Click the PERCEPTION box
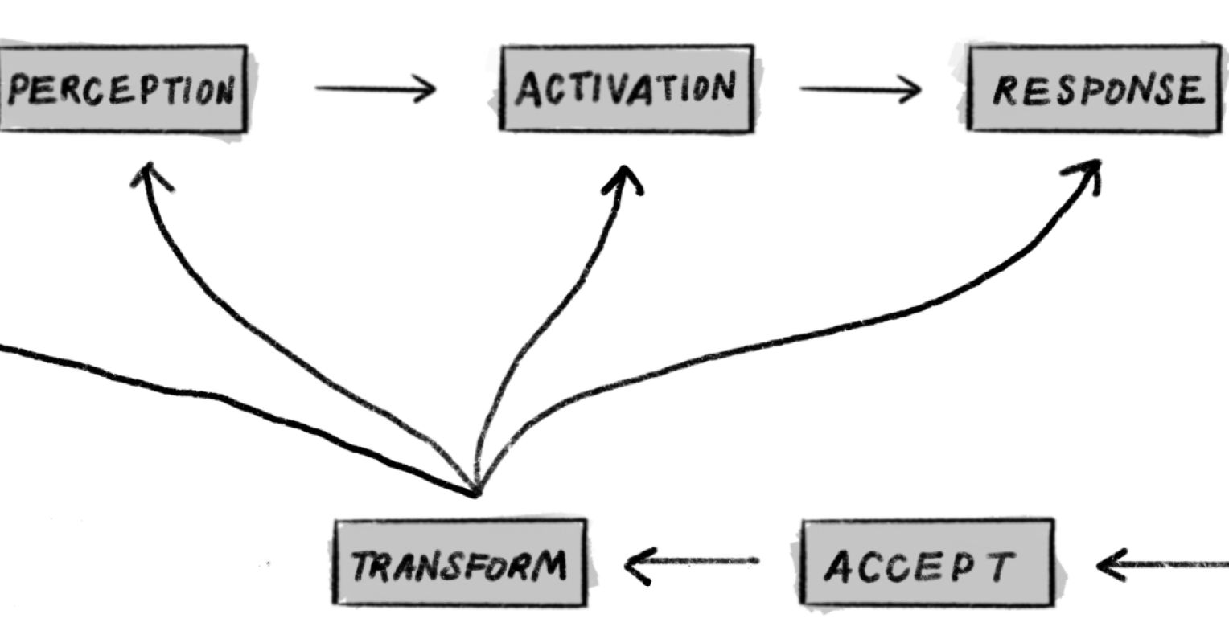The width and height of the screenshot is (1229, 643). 122,89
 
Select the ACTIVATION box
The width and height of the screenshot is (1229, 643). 627,88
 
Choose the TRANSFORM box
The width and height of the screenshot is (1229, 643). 459,563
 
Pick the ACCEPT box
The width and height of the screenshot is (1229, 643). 927,563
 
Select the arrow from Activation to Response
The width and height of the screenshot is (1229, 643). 860,89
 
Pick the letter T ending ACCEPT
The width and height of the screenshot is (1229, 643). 1000,566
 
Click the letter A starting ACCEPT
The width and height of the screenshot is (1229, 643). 838,567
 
